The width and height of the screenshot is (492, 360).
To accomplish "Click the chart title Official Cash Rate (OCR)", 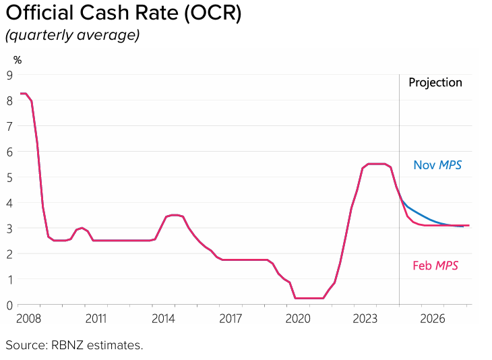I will (x=123, y=13).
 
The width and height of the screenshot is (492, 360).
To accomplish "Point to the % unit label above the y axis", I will (x=18, y=60).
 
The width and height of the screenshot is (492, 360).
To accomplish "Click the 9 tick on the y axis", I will (x=10, y=75).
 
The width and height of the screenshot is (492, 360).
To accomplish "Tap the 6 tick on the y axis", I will (x=10, y=152).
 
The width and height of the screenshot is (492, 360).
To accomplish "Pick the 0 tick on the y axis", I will (x=10, y=305).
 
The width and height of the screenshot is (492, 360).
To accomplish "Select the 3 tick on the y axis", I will (x=10, y=229).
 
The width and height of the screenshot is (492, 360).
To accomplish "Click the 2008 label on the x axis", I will (x=28, y=318).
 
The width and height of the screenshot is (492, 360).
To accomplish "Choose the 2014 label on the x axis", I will (x=163, y=318).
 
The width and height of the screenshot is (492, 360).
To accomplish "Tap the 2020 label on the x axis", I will (x=298, y=318).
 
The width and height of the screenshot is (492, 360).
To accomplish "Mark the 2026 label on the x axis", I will (x=433, y=318).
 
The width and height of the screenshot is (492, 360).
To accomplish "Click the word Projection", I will (x=435, y=82).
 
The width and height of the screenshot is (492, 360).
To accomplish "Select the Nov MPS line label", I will (x=437, y=164).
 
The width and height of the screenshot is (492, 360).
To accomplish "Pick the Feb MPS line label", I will (x=435, y=266).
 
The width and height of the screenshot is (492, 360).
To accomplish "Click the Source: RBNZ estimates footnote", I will (x=75, y=345).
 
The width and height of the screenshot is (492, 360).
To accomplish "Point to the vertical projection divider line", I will (x=399, y=135).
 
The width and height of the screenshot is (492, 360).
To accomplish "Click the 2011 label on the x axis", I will (x=96, y=318).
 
